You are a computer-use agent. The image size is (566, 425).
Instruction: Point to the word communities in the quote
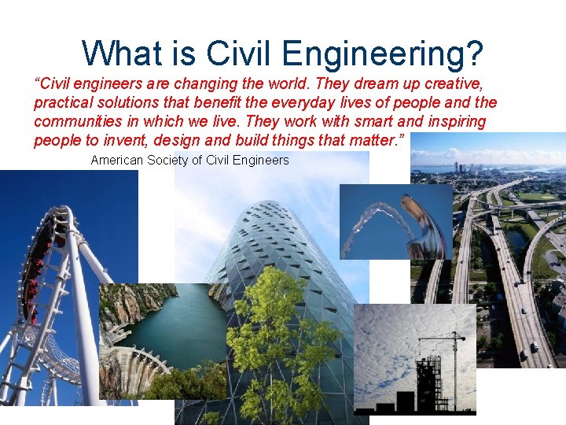click(75, 122)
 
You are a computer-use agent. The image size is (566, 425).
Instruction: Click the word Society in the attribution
click(178, 161)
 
